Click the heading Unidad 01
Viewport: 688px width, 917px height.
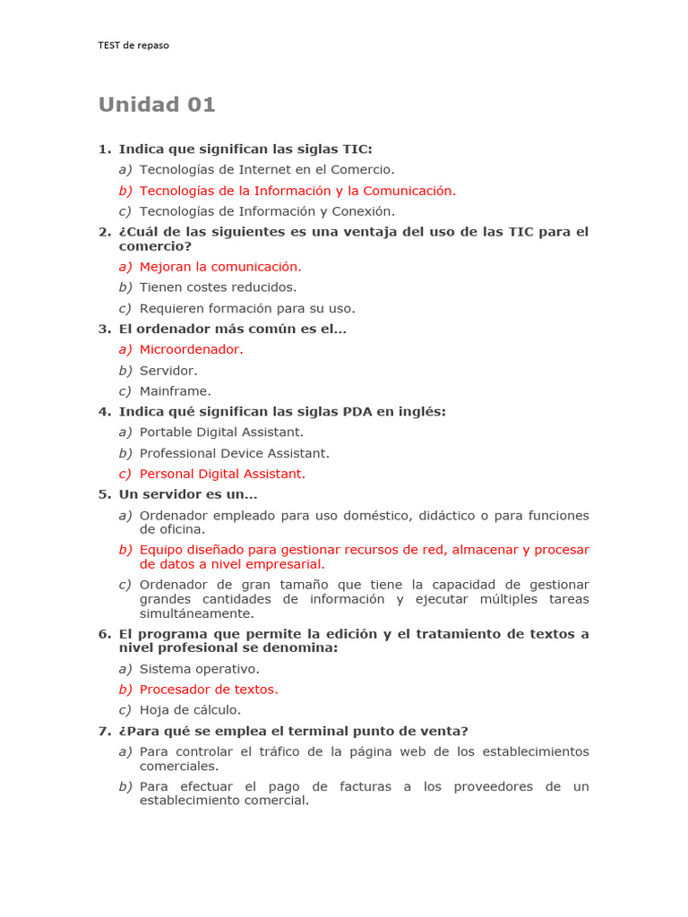click(x=157, y=105)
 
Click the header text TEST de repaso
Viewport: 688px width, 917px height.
click(x=133, y=46)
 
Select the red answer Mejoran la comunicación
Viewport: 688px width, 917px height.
click(x=220, y=267)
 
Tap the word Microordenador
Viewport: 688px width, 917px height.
click(x=191, y=349)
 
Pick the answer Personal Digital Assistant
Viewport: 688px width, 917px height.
click(x=222, y=474)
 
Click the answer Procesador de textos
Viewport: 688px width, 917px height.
click(x=209, y=690)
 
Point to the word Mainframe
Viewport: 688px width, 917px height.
click(x=176, y=391)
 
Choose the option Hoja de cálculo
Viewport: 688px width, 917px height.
click(x=190, y=710)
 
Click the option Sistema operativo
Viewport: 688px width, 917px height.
click(x=199, y=669)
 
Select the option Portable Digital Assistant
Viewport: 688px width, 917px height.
click(x=221, y=433)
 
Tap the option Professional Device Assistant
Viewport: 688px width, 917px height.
click(x=235, y=453)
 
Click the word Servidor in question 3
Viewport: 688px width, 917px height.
click(x=168, y=371)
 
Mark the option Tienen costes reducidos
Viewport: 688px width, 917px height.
click(x=218, y=287)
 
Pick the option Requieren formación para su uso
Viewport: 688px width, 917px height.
click(x=247, y=309)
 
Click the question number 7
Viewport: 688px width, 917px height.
click(x=103, y=732)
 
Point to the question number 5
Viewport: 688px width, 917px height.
click(x=103, y=494)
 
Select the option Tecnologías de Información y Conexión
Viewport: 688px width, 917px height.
click(x=267, y=211)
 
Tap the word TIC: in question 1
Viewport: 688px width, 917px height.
click(x=357, y=149)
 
